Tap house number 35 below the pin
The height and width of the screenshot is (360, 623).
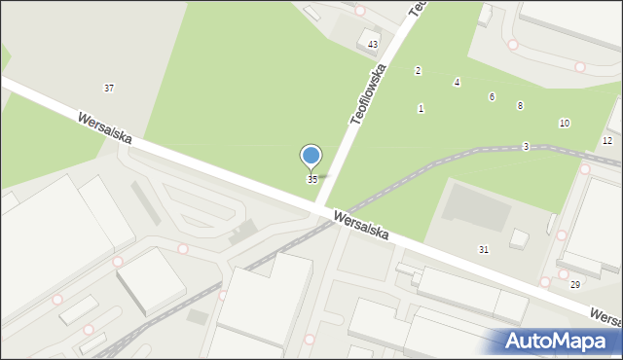(x=311, y=180)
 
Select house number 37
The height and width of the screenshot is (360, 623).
(x=109, y=89)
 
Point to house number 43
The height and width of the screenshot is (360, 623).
(x=373, y=46)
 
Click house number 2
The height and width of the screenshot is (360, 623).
(x=418, y=71)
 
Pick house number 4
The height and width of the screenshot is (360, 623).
(x=457, y=83)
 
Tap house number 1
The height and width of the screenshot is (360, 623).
(x=421, y=109)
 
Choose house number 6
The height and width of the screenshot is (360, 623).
(x=492, y=97)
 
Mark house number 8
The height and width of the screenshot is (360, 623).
(x=520, y=105)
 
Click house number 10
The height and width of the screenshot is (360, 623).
(x=564, y=124)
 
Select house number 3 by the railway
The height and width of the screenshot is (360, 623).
(x=525, y=147)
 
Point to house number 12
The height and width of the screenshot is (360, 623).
(x=607, y=141)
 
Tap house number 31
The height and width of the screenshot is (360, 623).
(x=484, y=250)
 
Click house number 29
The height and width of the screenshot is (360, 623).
(x=574, y=284)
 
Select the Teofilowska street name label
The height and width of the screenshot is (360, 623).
(x=370, y=93)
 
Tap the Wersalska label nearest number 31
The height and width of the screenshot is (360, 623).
(x=360, y=226)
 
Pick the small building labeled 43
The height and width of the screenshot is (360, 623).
(x=369, y=38)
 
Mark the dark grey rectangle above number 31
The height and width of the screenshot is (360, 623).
(x=476, y=208)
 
